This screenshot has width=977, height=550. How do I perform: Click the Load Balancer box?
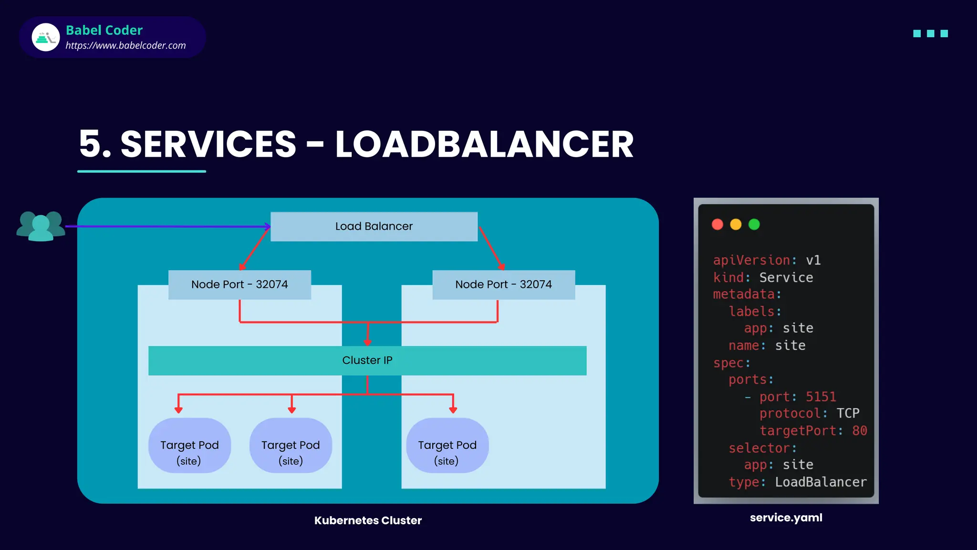coord(374,226)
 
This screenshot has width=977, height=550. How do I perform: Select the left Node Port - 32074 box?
coord(239,285)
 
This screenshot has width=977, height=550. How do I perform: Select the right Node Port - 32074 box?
coord(503,285)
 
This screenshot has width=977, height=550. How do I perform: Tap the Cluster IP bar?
coord(367,360)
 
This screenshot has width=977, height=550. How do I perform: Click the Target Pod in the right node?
coord(447,445)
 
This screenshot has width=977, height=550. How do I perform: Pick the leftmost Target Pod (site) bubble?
coord(189,445)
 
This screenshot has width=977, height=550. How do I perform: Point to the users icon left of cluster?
coord(41,226)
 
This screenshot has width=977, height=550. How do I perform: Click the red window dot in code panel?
coord(717,224)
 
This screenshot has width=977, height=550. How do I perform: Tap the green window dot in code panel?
coord(754,224)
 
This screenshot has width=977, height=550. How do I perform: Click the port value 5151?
coord(821,397)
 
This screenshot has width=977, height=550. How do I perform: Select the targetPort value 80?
coord(860,431)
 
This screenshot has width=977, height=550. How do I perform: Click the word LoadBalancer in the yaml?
coord(821,482)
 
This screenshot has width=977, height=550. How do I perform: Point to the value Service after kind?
coord(786,277)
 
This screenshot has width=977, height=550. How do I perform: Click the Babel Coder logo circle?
coord(46,37)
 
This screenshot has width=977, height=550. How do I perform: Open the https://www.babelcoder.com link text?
coord(125,46)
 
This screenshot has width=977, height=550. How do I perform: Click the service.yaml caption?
coord(786,518)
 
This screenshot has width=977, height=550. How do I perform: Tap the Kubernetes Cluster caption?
coord(368,520)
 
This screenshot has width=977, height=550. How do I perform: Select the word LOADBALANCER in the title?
coord(484,144)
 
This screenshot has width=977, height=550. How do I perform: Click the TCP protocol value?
coord(848,413)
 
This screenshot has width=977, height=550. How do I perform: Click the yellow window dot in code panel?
coord(736,224)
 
